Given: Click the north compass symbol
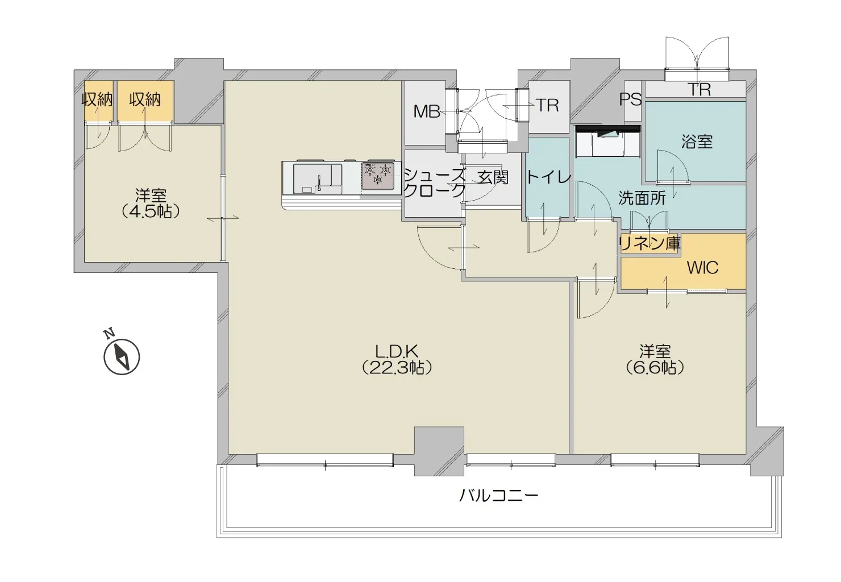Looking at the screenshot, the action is coord(121,356).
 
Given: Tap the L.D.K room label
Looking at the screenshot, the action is coord(397,351).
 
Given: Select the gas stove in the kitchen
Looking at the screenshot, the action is coord(378,176).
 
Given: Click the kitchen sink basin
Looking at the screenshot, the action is coord(318,179).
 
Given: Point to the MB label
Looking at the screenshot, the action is coord(427,111).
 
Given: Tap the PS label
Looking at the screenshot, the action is coord(630,99).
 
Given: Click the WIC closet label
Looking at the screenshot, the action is coord(702,268).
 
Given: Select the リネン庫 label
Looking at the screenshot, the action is coord(650,244).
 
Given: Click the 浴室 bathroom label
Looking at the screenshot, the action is coord(697,142).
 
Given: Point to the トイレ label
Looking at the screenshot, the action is coord(548,177).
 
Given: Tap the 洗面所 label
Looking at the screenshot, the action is coord(642,198).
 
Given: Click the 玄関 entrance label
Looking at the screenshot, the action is coord(493,177).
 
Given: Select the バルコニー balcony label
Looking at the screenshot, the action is coord(499,496).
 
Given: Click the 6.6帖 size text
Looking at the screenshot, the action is coord(655,368).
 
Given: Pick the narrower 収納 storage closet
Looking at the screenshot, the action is coord(98,101).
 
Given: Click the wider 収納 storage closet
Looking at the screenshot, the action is coord(145,101).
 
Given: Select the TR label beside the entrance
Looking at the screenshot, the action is coord(548,106).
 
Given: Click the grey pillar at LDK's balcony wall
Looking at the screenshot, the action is coord(439,451).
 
